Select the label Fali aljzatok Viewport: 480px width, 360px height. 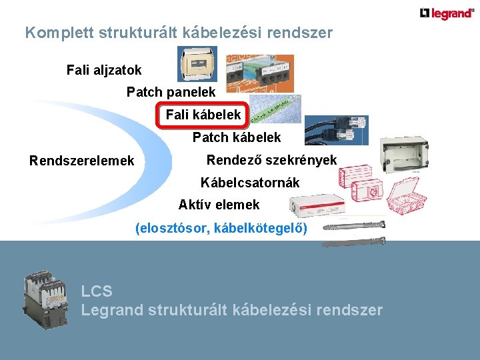(104, 69)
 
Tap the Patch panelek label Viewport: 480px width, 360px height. (171, 92)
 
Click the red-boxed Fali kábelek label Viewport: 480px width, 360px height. (203, 115)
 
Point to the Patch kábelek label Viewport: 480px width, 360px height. (237, 137)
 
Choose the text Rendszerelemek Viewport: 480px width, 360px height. (81, 161)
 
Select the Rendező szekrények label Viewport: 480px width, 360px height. (271, 160)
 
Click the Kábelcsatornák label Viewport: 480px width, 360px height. (250, 182)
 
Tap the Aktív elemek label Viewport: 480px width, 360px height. (219, 205)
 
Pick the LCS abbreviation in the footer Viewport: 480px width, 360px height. (96, 291)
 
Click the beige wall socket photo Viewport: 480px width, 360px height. (197, 64)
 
